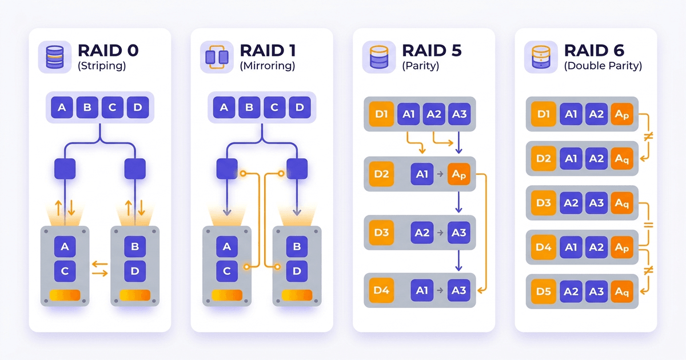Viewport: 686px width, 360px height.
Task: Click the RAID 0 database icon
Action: [55, 57]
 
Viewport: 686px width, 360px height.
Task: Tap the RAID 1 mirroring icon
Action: [217, 57]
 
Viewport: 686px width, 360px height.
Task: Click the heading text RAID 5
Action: [432, 50]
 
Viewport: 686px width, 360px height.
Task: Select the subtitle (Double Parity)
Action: [603, 66]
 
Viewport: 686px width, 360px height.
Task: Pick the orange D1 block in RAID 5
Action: [382, 114]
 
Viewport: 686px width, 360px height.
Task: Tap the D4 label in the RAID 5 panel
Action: [382, 290]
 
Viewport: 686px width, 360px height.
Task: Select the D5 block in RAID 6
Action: [543, 291]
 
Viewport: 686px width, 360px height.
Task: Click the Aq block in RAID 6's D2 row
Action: [622, 158]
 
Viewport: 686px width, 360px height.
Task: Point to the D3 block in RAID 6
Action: [543, 203]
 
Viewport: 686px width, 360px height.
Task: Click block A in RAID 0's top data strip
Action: [62, 107]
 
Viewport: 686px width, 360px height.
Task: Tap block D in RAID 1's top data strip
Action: [299, 107]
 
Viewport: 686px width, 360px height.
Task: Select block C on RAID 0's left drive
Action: [65, 271]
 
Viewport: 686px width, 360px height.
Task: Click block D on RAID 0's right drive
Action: [135, 271]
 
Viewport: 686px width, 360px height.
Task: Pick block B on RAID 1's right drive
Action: [297, 247]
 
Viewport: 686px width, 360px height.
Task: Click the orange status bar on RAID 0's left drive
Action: [65, 295]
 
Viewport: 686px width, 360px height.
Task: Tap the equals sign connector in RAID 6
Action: [648, 225]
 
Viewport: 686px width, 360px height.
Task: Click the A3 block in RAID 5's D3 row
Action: [459, 233]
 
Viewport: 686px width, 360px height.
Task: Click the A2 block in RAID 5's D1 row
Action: [433, 114]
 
